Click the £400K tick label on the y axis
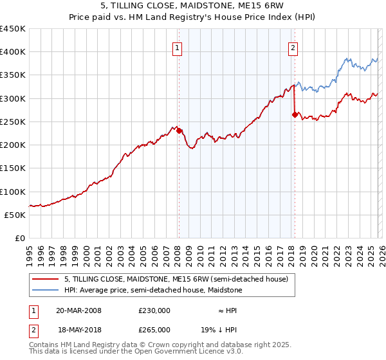click(x=13, y=52)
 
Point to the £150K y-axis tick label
click(x=13, y=168)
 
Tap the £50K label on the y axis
click(x=15, y=215)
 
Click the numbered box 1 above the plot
click(x=177, y=47)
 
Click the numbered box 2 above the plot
click(x=293, y=47)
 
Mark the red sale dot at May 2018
click(x=295, y=115)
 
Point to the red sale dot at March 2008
click(x=179, y=131)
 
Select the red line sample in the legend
click(x=46, y=279)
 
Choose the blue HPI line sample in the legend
click(x=46, y=290)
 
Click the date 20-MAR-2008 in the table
click(x=78, y=310)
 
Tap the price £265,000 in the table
click(x=154, y=329)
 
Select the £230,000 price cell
click(x=154, y=310)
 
